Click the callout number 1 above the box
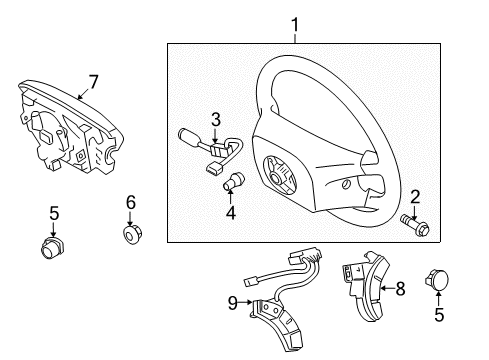[x=295, y=26]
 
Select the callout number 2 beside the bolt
[x=415, y=198]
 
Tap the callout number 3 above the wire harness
[x=216, y=119]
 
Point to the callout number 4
[x=231, y=213]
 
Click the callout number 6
[x=131, y=202]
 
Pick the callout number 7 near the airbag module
[x=93, y=82]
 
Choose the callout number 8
[x=400, y=289]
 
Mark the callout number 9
[x=233, y=303]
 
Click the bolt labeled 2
[x=415, y=223]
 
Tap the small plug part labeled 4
[x=233, y=181]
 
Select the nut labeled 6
[x=132, y=234]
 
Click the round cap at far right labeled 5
[x=438, y=279]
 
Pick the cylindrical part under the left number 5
[x=53, y=248]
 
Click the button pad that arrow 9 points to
[x=278, y=322]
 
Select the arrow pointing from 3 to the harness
[x=215, y=136]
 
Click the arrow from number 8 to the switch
[x=387, y=288]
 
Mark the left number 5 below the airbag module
[x=54, y=213]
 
